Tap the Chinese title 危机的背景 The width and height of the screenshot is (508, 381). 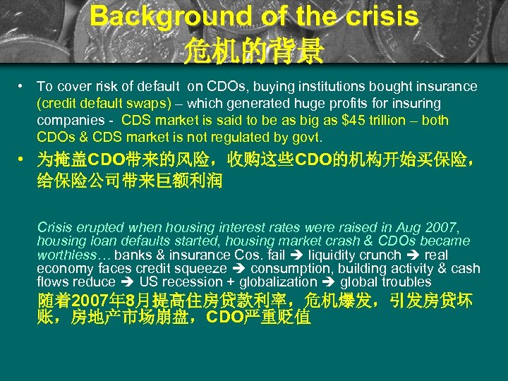(253, 49)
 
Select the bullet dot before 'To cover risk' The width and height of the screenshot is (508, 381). (23, 86)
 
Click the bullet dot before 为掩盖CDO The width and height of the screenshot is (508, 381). (23, 156)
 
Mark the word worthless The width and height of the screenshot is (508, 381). (66, 255)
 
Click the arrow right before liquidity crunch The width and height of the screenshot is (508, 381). (298, 255)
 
